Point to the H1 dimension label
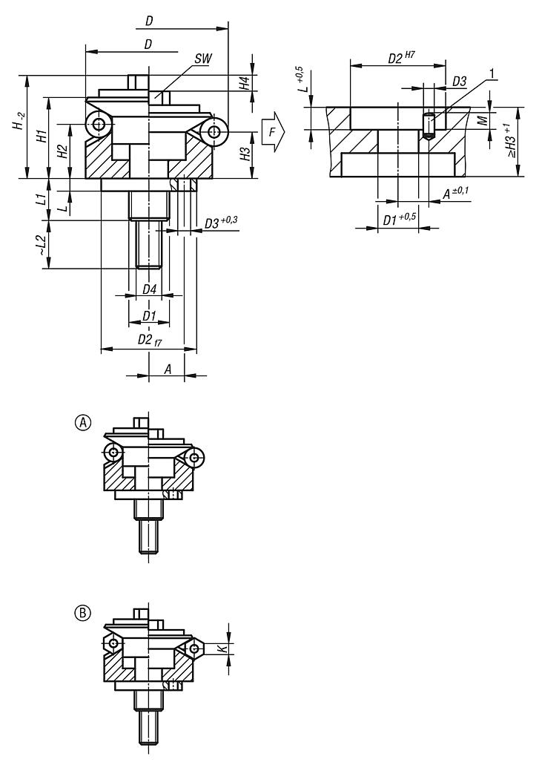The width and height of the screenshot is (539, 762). (x=42, y=137)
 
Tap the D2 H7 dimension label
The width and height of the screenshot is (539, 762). (x=403, y=58)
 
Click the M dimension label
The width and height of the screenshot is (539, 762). (x=483, y=119)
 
